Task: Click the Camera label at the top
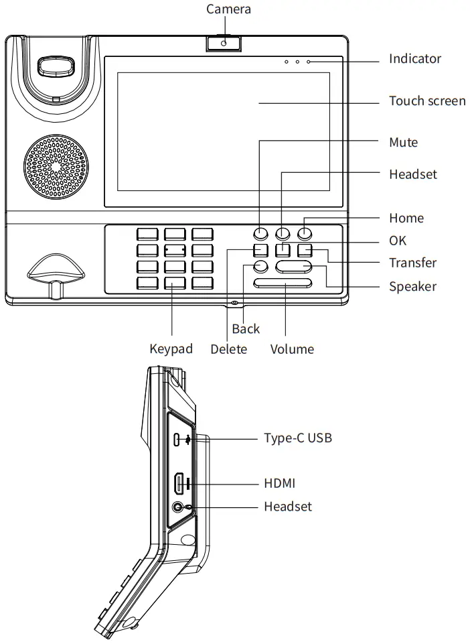[x=228, y=9]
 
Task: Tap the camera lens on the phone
[x=224, y=44]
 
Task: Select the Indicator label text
[x=415, y=59]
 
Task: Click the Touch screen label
[x=427, y=101]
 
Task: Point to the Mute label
[x=403, y=143]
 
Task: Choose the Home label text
[x=406, y=218]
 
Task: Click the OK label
[x=398, y=241]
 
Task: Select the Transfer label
[x=412, y=263]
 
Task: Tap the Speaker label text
[x=412, y=287]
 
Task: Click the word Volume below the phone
[x=292, y=349]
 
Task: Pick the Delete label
[x=228, y=349]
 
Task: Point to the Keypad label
[x=171, y=349]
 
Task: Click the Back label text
[x=246, y=329]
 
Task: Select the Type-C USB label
[x=298, y=438]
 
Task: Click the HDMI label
[x=279, y=483]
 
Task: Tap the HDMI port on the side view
[x=179, y=483]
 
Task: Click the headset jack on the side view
[x=178, y=507]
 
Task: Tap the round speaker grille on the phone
[x=57, y=168]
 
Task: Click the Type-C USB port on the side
[x=177, y=440]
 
